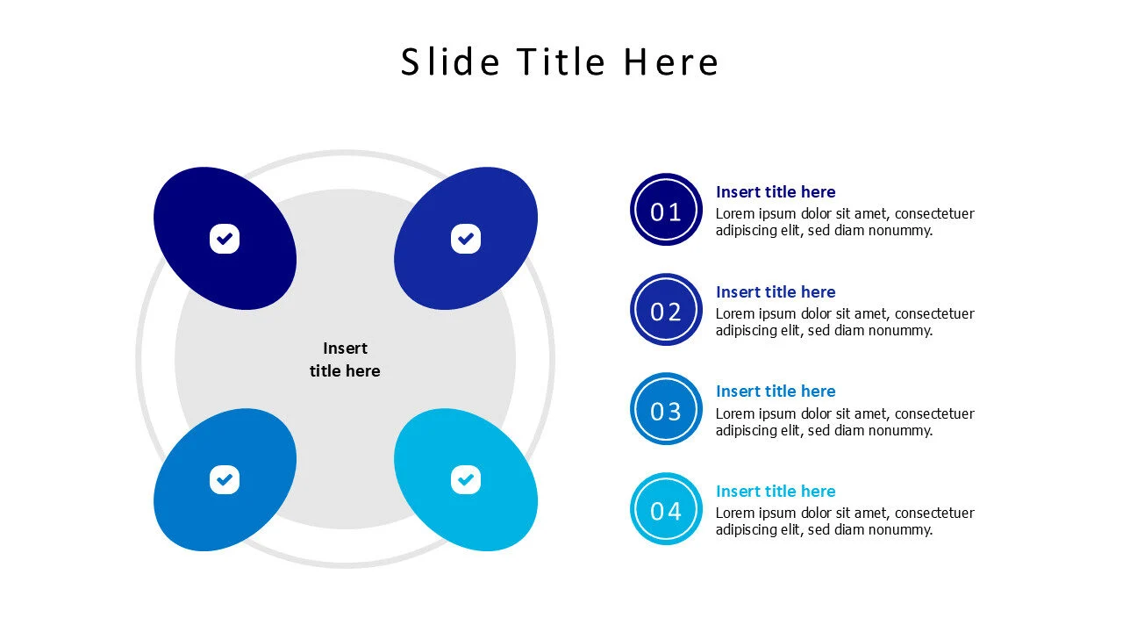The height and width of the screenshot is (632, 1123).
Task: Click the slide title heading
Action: point(560,62)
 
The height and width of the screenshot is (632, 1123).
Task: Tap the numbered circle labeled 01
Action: point(666,210)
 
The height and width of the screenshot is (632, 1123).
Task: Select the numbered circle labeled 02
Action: point(666,310)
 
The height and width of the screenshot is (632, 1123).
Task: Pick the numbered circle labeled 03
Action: point(666,409)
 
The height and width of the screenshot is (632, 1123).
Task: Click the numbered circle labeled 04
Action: point(666,509)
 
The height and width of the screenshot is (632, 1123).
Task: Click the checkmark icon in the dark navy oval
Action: point(225,238)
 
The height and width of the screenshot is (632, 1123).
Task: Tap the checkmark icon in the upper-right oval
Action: point(466,238)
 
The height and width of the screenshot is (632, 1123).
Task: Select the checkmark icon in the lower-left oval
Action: point(225,479)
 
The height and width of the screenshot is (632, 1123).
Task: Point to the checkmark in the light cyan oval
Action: point(466,479)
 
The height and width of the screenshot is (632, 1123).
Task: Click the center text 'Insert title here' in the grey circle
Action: point(345,359)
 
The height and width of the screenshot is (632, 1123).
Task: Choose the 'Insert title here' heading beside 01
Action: point(776,192)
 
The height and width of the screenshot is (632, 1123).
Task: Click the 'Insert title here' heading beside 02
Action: point(776,292)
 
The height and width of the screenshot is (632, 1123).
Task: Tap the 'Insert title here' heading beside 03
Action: point(776,391)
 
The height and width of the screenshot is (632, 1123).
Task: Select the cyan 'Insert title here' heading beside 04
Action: point(776,492)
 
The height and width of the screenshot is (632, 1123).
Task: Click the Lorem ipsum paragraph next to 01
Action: point(844,222)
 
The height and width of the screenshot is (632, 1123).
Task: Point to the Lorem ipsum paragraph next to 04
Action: point(844,521)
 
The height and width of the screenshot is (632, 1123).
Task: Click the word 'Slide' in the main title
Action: point(450,62)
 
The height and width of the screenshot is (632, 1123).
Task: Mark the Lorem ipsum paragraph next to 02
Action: point(844,322)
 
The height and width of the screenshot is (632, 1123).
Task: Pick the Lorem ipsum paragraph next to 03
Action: point(844,422)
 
